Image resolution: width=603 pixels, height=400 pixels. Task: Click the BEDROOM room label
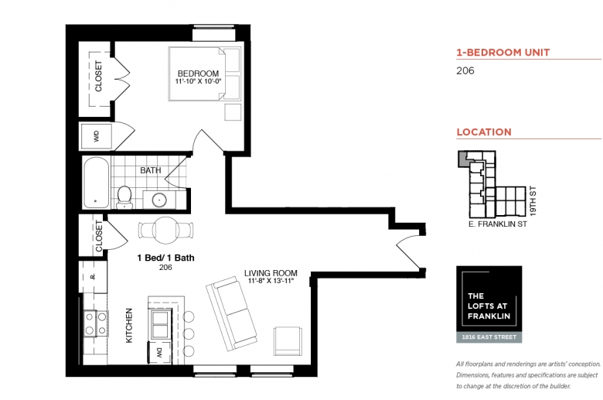pos(198,74)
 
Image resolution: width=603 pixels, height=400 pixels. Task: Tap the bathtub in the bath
pos(96,182)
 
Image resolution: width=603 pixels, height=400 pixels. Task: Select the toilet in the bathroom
pos(124,197)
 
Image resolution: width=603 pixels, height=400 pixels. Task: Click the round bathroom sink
pos(158,200)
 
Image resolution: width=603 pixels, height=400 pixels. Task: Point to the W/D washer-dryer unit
pos(96,136)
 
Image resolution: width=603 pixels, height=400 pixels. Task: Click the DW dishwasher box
pos(159,352)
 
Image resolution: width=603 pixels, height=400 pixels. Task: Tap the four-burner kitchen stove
pos(95,323)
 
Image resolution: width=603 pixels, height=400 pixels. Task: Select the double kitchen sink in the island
pos(160,324)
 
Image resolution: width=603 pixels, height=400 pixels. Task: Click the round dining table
pos(165,231)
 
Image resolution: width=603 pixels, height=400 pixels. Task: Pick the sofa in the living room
pos(231,313)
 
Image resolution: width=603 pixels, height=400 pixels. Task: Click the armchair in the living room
pos(288,341)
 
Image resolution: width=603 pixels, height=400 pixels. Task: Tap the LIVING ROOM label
pos(271,273)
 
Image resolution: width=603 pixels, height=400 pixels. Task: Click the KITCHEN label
pos(129,325)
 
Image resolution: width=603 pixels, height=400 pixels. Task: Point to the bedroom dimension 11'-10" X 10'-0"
pos(199,81)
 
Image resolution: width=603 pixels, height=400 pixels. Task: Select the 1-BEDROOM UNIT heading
pos(503,53)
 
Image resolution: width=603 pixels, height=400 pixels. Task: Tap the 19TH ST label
pos(533,201)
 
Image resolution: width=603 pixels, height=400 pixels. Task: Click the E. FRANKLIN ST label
pos(498,224)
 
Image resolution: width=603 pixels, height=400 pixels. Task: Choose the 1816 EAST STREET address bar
pos(489,337)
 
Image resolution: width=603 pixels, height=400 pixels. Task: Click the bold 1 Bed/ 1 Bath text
pos(165,258)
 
